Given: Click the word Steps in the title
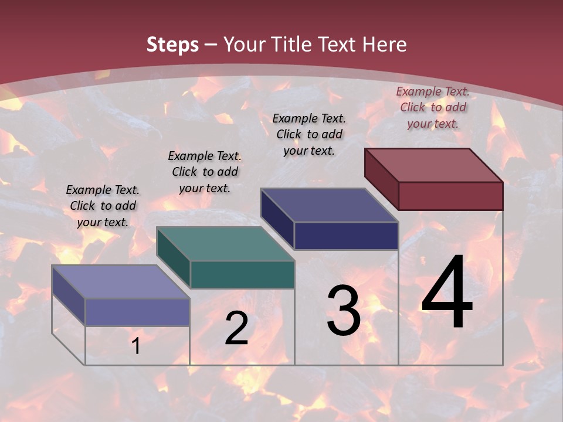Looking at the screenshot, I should coord(172,45).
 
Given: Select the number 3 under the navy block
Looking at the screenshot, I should coord(344,311).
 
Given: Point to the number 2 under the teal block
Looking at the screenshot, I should coord(236,328).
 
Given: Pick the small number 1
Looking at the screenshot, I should coord(136,346).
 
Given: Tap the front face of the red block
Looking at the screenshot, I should coord(450,196).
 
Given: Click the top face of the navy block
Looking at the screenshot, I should coord(330,205).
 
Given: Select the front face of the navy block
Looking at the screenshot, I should coord(346,236).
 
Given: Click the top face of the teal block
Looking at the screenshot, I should coord(225,244).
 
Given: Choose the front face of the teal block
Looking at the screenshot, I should coord(242,274).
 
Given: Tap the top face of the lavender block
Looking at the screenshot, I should coord(121,282).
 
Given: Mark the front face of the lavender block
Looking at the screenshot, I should coord(137,312).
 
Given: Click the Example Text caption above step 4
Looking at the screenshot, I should coord(433,107).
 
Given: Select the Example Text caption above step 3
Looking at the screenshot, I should coord(309,134).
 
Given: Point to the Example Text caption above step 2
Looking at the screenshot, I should coord(205,172).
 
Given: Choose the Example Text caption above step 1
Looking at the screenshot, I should coord(103,206).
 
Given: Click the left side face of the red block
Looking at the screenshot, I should coord(381,178).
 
